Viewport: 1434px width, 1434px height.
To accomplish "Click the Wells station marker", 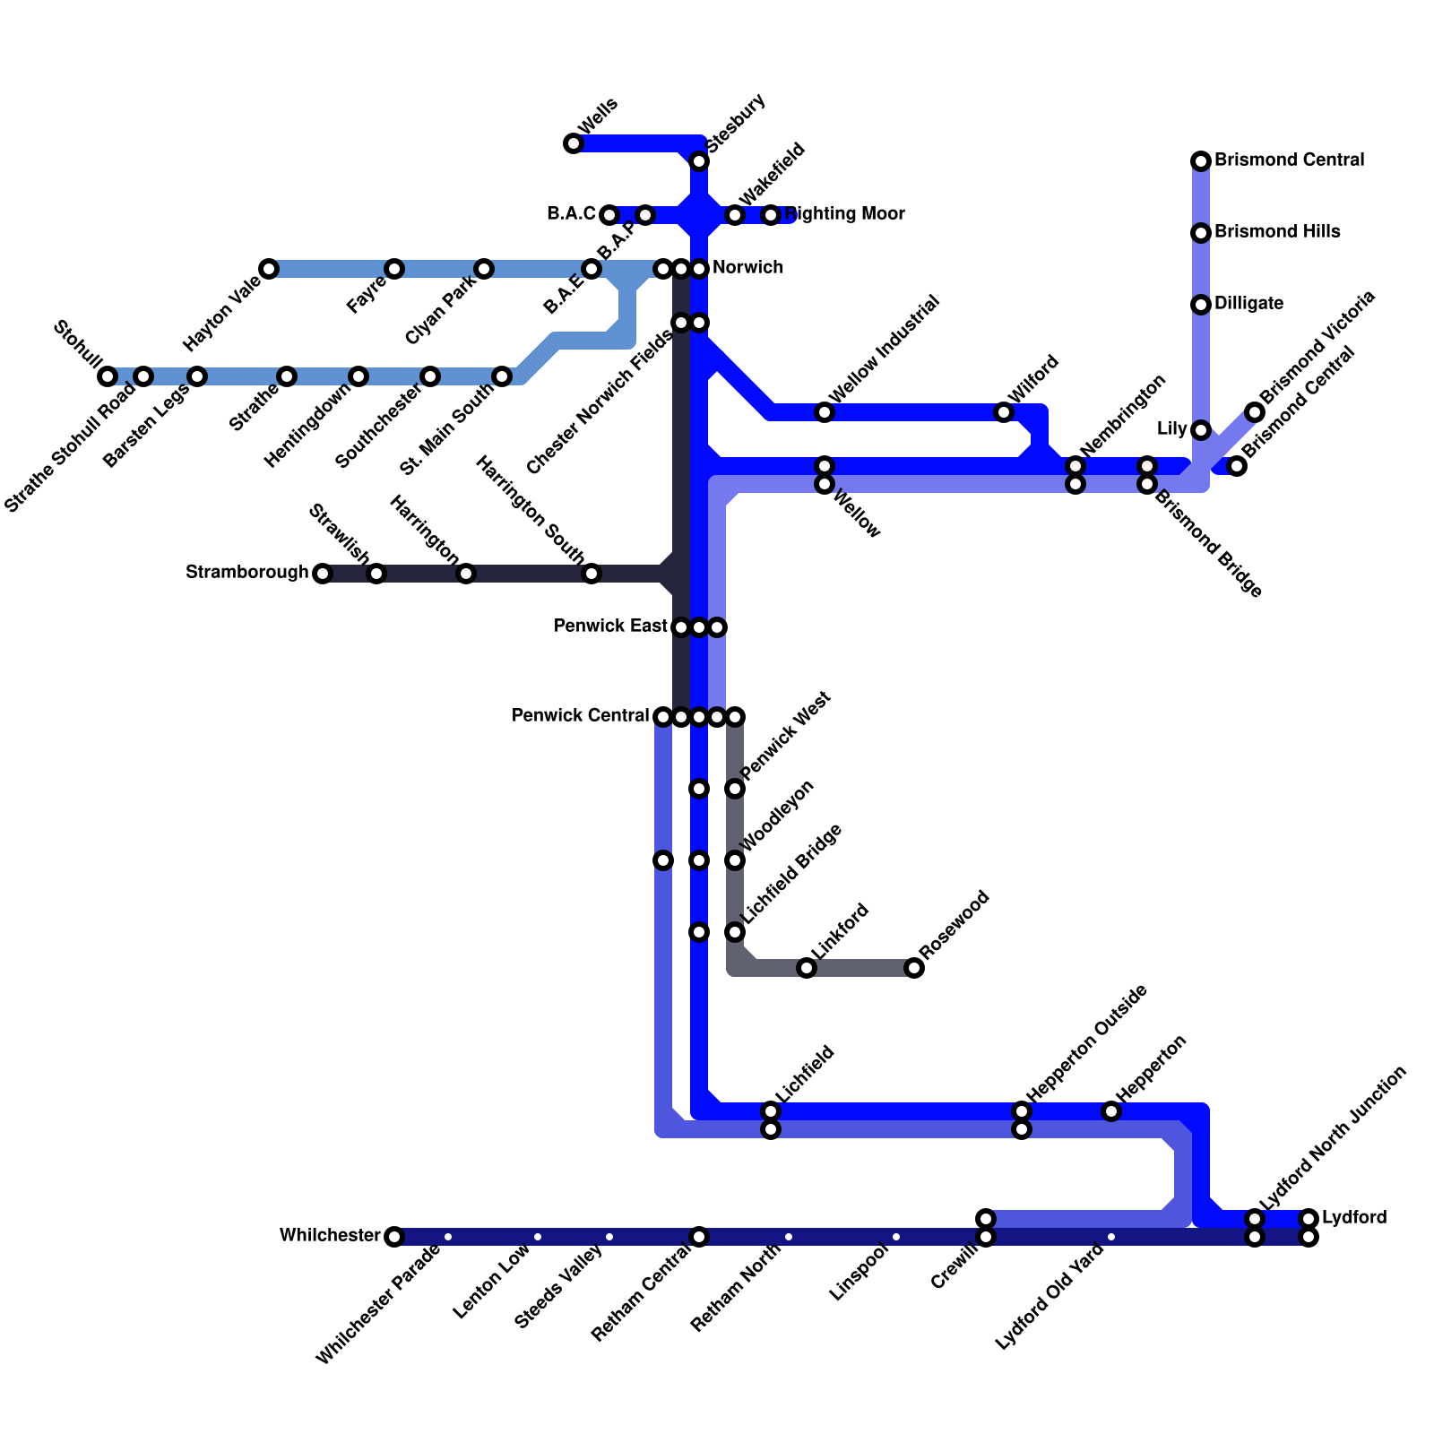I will pos(574,143).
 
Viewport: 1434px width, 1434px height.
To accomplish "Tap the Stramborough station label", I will pos(246,573).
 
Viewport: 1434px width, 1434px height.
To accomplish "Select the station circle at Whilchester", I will pos(394,1237).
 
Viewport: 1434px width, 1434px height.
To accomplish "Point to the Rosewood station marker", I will pos(914,968).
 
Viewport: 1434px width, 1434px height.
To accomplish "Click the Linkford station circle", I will pos(807,968).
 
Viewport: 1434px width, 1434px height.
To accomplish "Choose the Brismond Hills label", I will pos(1277,232).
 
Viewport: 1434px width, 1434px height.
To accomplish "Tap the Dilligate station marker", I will pos(1201,305).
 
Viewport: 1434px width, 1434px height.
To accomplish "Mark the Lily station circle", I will pos(1201,430).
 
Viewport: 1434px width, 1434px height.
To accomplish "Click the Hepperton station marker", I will pos(1111,1111).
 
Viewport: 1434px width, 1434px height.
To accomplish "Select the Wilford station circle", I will pos(1004,412).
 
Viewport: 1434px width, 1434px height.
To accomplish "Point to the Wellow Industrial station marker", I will pos(825,412).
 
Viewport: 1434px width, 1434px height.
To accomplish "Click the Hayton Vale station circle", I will pos(269,269).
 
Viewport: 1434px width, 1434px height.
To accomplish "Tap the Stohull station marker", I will pos(108,376).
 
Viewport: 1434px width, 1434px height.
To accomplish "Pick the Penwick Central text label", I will pos(580,716).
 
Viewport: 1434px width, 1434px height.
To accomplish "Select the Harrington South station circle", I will pos(592,574).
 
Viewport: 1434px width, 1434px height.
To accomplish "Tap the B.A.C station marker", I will pos(609,215).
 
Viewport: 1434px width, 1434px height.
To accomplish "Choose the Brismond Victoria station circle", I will pos(1255,412).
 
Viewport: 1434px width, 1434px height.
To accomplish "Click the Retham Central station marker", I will pos(699,1237).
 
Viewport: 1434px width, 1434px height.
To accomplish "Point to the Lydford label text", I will pos(1354,1218).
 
